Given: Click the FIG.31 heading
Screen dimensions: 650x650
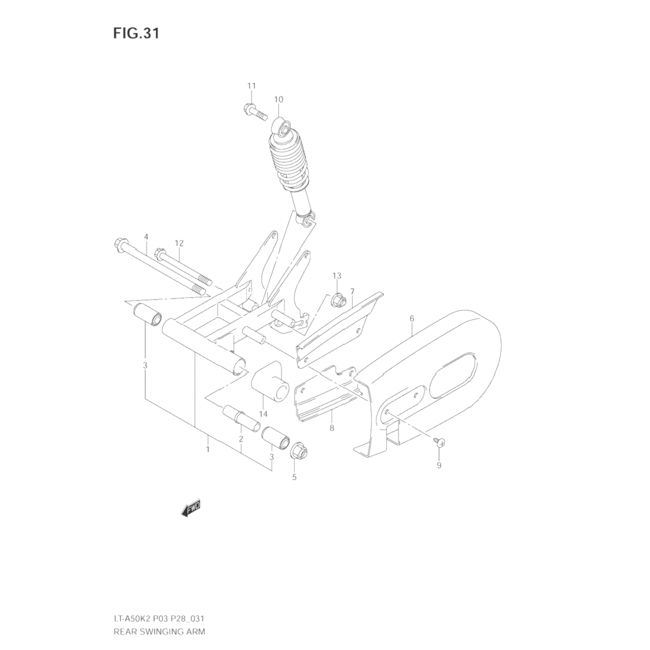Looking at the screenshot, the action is click(x=136, y=34).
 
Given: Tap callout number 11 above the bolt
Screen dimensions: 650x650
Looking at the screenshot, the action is click(x=252, y=86).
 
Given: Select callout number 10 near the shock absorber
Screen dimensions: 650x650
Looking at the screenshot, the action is click(x=278, y=99).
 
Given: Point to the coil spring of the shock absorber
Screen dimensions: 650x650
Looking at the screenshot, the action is click(x=288, y=160).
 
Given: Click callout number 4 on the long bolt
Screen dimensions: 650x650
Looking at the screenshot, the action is click(x=146, y=237).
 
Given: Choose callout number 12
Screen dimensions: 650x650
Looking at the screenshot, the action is click(x=179, y=243).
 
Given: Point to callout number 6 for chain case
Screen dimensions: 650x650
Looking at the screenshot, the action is click(x=412, y=318).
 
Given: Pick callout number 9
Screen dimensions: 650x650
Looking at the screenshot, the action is click(x=439, y=465).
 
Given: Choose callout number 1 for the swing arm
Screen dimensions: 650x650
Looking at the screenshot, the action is click(x=208, y=449).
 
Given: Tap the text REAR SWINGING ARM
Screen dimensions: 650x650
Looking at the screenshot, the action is click(x=159, y=631).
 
